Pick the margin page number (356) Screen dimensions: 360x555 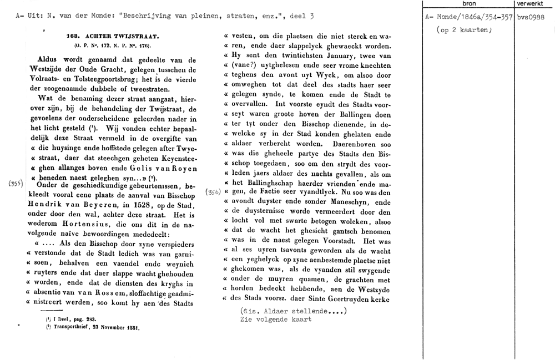pyautogui.click(x=213, y=192)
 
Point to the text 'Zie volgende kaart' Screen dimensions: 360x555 pyautogui.click(x=275, y=320)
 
